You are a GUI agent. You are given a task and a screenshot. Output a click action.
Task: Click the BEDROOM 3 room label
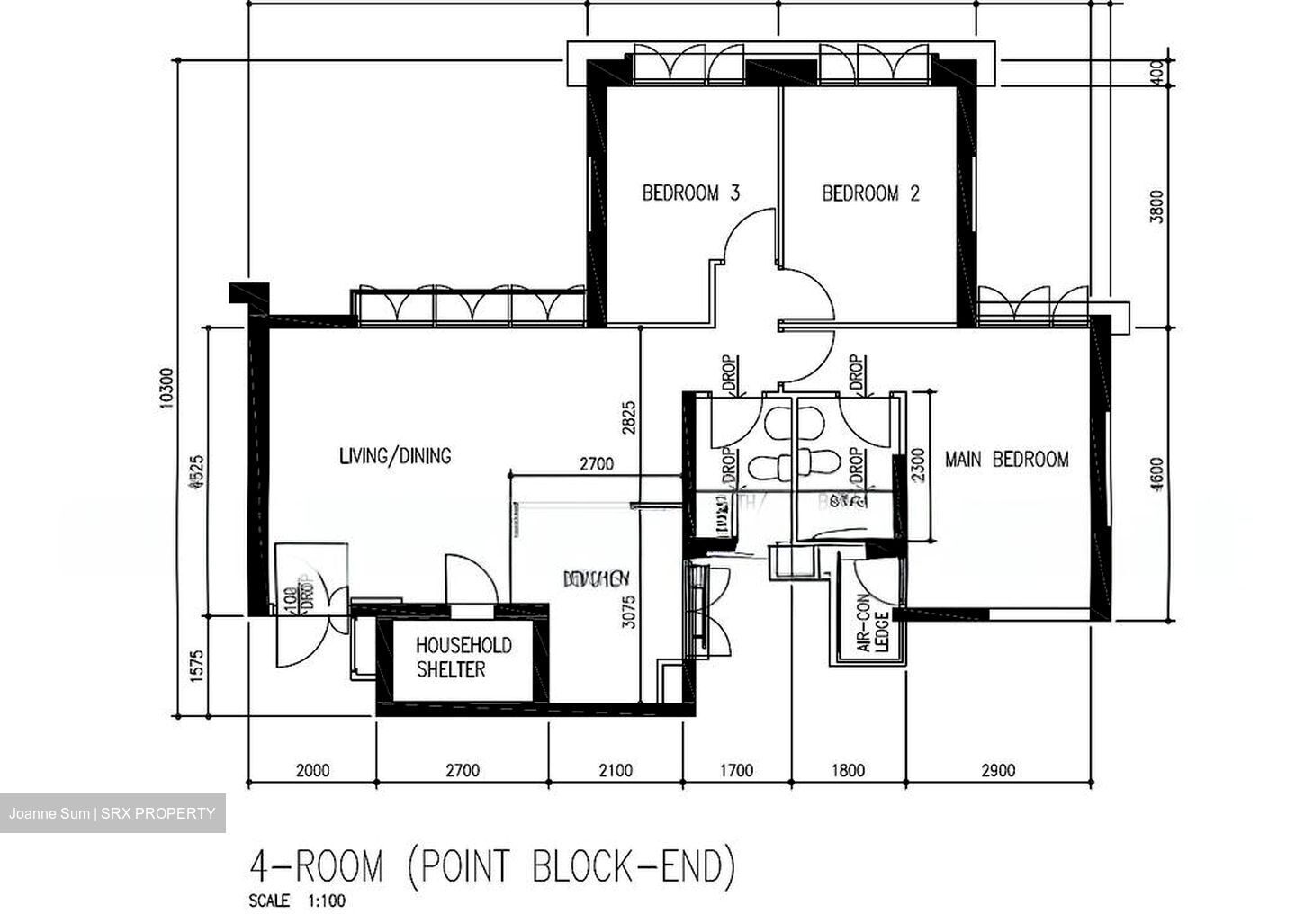pyautogui.click(x=690, y=193)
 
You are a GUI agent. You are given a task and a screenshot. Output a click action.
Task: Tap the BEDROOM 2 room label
pyautogui.click(x=870, y=193)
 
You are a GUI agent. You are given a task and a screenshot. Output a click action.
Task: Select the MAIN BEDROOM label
pyautogui.click(x=1006, y=459)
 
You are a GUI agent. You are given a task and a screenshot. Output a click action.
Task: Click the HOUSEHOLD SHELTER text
pyautogui.click(x=463, y=657)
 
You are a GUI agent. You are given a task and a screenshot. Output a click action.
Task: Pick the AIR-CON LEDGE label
pyautogui.click(x=871, y=632)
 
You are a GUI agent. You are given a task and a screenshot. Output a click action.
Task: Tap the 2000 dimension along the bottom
pyautogui.click(x=312, y=770)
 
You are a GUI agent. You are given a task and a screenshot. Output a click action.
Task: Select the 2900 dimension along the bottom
pyautogui.click(x=998, y=770)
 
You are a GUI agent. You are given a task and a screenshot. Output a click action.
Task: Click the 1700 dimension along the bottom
pyautogui.click(x=736, y=770)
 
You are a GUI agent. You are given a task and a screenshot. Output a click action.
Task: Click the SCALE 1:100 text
pyautogui.click(x=296, y=901)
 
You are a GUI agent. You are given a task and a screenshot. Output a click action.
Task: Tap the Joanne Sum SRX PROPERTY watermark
pyautogui.click(x=112, y=813)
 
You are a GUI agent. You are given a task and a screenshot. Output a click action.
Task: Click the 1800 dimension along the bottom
pyautogui.click(x=848, y=770)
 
